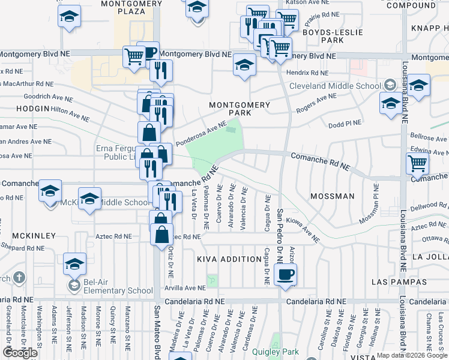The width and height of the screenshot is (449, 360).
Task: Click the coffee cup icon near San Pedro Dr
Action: [285, 274]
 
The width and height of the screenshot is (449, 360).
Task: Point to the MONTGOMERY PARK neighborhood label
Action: [239, 109]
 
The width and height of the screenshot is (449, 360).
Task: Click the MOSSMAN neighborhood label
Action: [333, 196]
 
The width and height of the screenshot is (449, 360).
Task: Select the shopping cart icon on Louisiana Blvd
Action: [417, 162]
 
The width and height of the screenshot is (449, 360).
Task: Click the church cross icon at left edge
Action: [19, 278]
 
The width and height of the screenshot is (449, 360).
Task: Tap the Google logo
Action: [20, 353]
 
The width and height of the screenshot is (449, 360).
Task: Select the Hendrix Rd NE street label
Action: [307, 73]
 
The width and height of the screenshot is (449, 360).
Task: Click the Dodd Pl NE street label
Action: [345, 124]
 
